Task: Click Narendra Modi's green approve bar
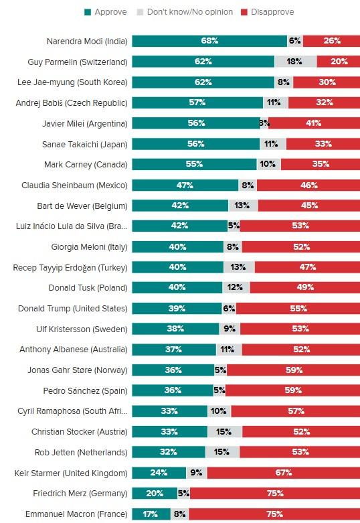209,41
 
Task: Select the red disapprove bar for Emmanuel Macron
274,514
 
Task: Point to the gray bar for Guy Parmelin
295,62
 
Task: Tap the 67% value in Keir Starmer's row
284,473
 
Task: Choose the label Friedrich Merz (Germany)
80,494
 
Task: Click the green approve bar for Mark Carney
194,164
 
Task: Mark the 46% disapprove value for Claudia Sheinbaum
308,185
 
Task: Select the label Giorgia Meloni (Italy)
88,246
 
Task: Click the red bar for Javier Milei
313,123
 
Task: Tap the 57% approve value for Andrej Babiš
197,102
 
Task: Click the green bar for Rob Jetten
168,452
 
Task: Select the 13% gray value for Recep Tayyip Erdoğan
238,267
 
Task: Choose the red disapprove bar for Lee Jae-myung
326,82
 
